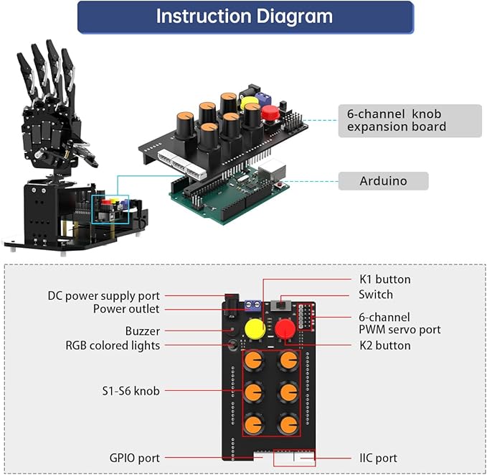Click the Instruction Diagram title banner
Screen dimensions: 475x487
[x=245, y=17]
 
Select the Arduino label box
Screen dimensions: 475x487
[x=383, y=181]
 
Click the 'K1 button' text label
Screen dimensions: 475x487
[x=384, y=280]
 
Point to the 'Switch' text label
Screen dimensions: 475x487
[x=376, y=295]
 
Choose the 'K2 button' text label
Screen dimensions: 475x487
[x=384, y=346]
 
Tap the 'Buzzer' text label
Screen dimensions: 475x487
[x=143, y=331]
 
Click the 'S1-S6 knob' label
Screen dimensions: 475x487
[x=130, y=391]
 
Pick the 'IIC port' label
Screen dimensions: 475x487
[x=378, y=458]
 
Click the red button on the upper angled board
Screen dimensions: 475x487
[x=270, y=113]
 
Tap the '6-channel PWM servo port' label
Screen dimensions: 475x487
[x=399, y=323]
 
